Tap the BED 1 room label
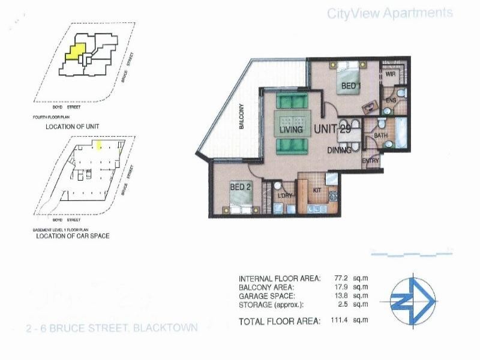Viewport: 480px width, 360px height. (351, 86)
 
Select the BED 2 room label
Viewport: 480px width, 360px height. (240, 187)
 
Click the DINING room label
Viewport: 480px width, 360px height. (339, 151)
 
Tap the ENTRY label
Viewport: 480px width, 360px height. (370, 161)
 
